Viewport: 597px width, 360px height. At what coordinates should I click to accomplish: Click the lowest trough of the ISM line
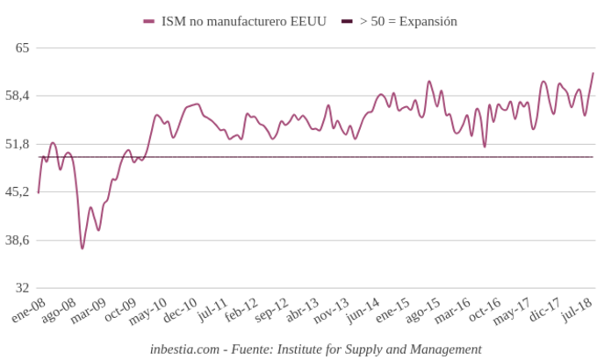[83, 248]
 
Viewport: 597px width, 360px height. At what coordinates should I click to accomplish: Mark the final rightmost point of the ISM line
[593, 73]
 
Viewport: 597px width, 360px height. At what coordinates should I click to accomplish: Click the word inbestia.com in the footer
[184, 349]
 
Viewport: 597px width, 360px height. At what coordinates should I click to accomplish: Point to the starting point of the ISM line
[39, 192]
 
